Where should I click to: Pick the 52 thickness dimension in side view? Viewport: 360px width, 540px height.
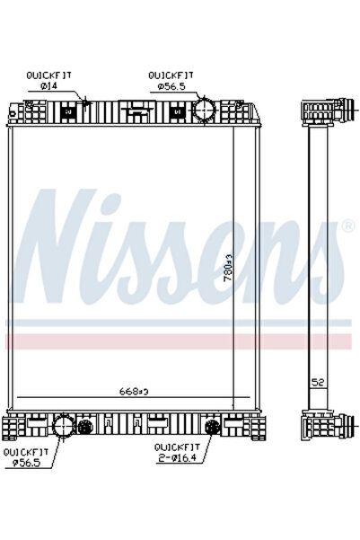pyautogui.click(x=318, y=384)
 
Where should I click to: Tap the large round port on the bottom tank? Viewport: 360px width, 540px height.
pyautogui.click(x=64, y=427)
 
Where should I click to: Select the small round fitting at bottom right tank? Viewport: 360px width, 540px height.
pyautogui.click(x=214, y=427)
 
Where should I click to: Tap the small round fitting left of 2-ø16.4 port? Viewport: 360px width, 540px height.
pyautogui.click(x=85, y=427)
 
